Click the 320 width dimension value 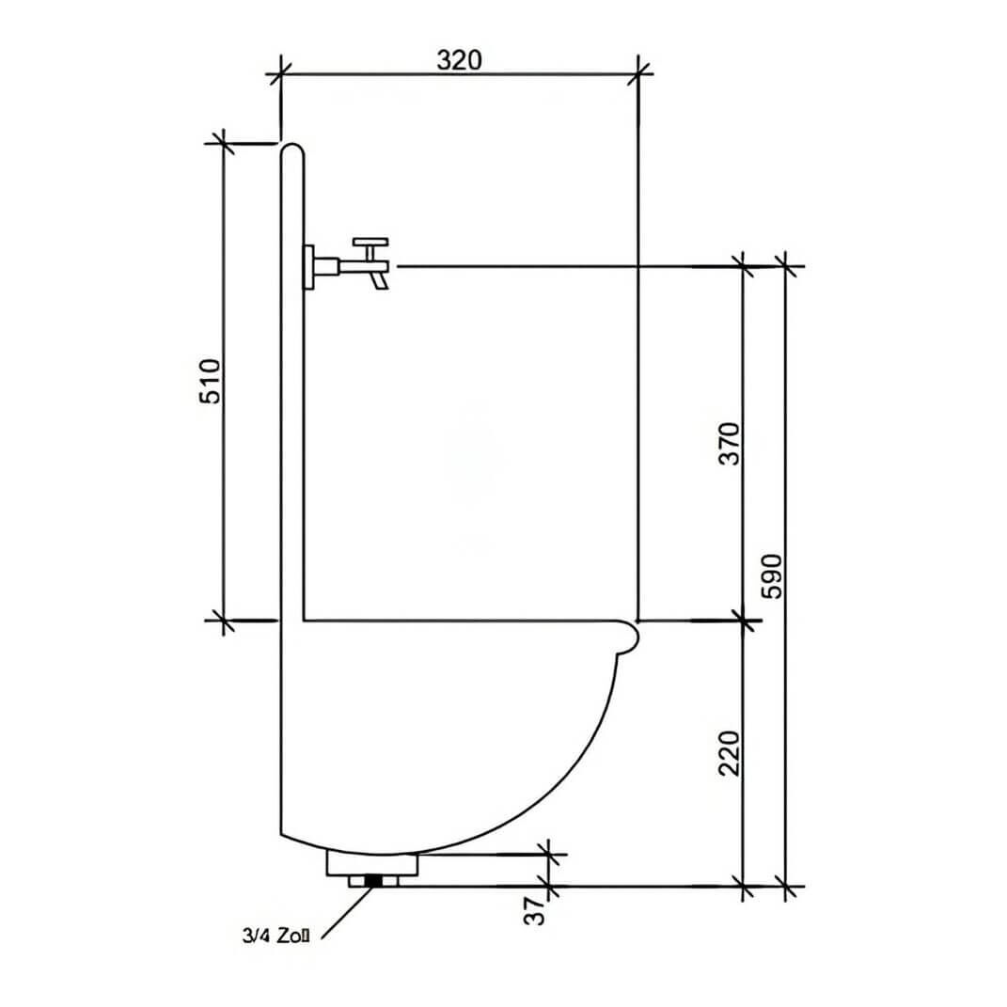459,59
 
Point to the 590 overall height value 772,575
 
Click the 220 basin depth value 731,753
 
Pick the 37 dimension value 534,910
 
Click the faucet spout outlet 380,281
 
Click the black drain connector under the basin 375,881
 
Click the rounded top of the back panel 292,149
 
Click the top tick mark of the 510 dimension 223,143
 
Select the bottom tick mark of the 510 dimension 223,621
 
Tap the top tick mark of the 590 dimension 787,266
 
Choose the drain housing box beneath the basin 371,863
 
